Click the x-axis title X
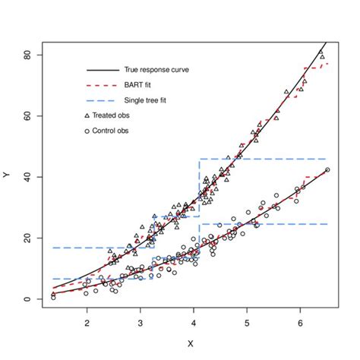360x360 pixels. [x=190, y=343]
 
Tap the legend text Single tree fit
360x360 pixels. [x=147, y=100]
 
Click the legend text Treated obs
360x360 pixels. [x=109, y=115]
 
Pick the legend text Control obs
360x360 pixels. [x=109, y=131]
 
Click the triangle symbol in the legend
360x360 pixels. [x=87, y=115]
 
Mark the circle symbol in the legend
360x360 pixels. [x=87, y=131]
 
